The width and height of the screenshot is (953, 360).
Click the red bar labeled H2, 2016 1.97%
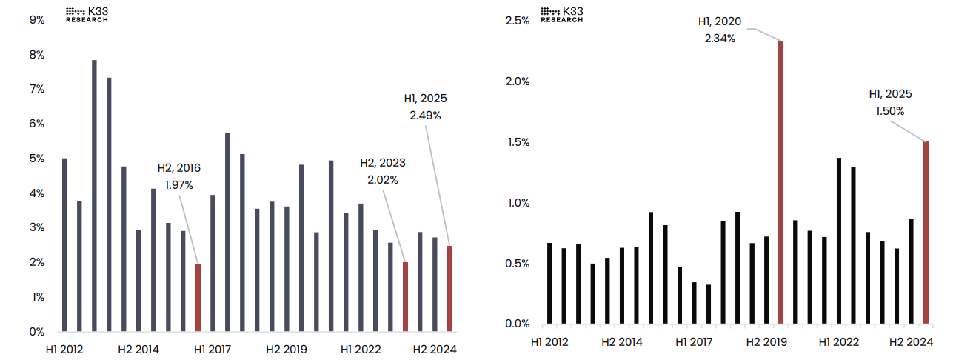(198, 297)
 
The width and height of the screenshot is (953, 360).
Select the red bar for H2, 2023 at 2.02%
(405, 296)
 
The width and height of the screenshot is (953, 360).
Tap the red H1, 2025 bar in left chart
(449, 288)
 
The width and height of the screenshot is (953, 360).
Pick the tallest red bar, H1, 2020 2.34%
(780, 182)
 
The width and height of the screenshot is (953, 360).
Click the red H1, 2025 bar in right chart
(926, 233)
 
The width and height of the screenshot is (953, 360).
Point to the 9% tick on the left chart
(37, 20)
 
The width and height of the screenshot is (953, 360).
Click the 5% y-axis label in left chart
(37, 159)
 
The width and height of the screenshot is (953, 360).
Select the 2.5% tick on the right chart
(518, 21)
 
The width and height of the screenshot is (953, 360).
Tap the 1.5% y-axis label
(518, 142)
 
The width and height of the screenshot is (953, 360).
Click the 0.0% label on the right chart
(518, 324)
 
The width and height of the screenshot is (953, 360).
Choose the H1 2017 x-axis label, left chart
(213, 350)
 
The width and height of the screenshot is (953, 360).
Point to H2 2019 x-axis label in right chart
(766, 342)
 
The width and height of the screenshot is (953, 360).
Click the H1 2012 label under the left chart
(65, 350)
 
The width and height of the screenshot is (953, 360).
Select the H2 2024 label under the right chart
(911, 342)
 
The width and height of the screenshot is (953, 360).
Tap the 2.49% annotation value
(425, 115)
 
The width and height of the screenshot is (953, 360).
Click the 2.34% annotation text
(720, 39)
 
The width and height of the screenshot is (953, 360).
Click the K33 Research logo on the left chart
(87, 15)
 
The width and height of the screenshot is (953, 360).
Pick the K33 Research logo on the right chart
(561, 15)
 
